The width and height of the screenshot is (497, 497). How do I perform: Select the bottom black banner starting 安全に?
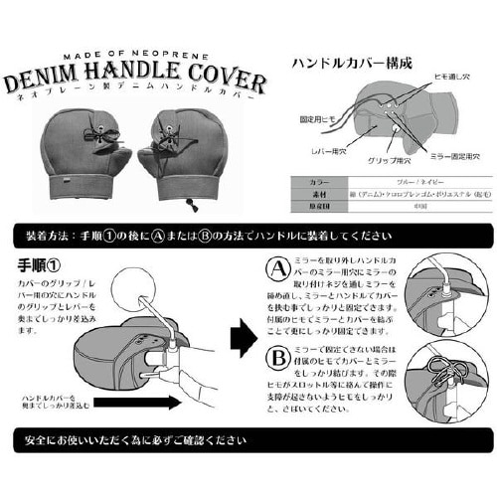[248, 440]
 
